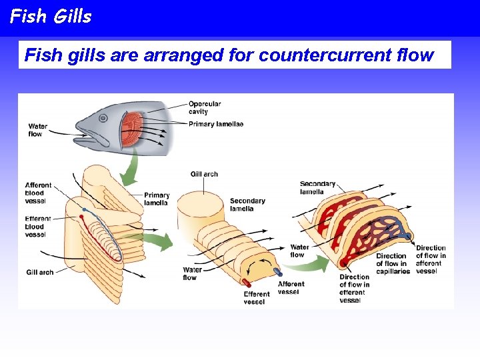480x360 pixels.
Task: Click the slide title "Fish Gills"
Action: (51, 17)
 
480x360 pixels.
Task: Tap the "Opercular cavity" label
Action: (204, 107)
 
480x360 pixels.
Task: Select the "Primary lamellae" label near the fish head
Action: (215, 124)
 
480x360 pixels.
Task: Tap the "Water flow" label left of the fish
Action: (38, 130)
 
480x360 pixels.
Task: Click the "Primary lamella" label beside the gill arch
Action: (157, 199)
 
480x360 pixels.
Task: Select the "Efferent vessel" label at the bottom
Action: (257, 297)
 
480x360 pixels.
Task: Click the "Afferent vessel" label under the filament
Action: (291, 288)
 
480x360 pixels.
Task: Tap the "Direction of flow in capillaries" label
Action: (392, 263)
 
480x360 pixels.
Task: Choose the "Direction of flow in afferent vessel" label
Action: (431, 259)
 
